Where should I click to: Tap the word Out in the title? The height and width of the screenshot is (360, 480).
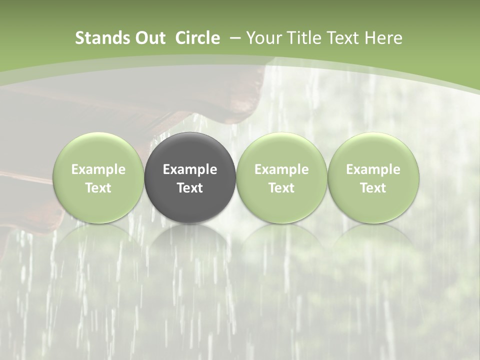[x=147, y=38]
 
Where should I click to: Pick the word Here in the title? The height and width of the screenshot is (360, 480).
[x=383, y=38]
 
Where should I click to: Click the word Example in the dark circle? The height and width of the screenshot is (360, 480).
[x=190, y=169]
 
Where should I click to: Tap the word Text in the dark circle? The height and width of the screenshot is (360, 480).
[x=190, y=188]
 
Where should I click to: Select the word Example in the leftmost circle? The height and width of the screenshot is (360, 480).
[x=98, y=169]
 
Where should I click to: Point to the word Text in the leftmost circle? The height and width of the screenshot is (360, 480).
[x=98, y=188]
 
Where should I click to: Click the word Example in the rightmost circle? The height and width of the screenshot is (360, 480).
[x=373, y=169]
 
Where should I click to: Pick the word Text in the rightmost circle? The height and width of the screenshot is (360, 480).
[x=373, y=188]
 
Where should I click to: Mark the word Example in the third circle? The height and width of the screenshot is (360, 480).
[x=281, y=169]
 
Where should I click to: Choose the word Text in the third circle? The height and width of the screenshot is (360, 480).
[x=281, y=188]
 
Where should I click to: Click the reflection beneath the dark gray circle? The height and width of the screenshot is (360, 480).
[x=190, y=240]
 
